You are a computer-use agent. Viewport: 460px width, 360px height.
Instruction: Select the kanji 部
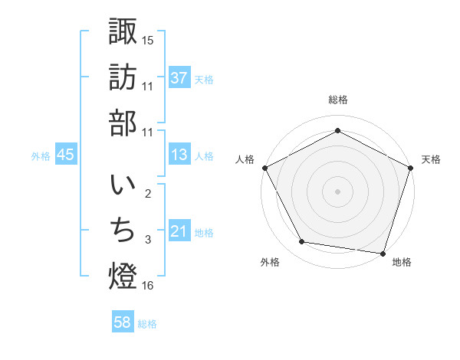click(123, 125)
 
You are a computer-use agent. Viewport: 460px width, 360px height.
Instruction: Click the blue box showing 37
click(179, 77)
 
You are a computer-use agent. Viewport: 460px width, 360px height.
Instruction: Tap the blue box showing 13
click(179, 155)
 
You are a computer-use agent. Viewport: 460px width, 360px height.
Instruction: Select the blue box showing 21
click(179, 231)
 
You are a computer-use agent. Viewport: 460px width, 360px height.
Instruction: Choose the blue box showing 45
click(66, 155)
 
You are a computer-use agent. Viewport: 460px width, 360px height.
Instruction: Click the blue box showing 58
click(123, 322)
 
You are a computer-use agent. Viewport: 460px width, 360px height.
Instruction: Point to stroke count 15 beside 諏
click(148, 40)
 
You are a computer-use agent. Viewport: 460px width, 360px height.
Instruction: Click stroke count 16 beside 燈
click(148, 286)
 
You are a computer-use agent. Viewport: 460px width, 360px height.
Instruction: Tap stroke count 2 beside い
click(148, 193)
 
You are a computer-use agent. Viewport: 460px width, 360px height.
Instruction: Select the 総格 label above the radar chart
click(337, 100)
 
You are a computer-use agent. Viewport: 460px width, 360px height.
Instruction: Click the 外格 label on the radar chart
click(270, 262)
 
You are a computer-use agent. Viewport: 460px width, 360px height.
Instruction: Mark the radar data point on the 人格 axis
click(264, 167)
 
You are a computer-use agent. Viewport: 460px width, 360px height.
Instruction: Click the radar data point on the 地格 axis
click(383, 252)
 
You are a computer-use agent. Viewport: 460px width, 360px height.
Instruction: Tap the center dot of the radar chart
click(337, 191)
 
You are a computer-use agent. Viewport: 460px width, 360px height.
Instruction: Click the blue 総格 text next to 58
click(147, 323)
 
